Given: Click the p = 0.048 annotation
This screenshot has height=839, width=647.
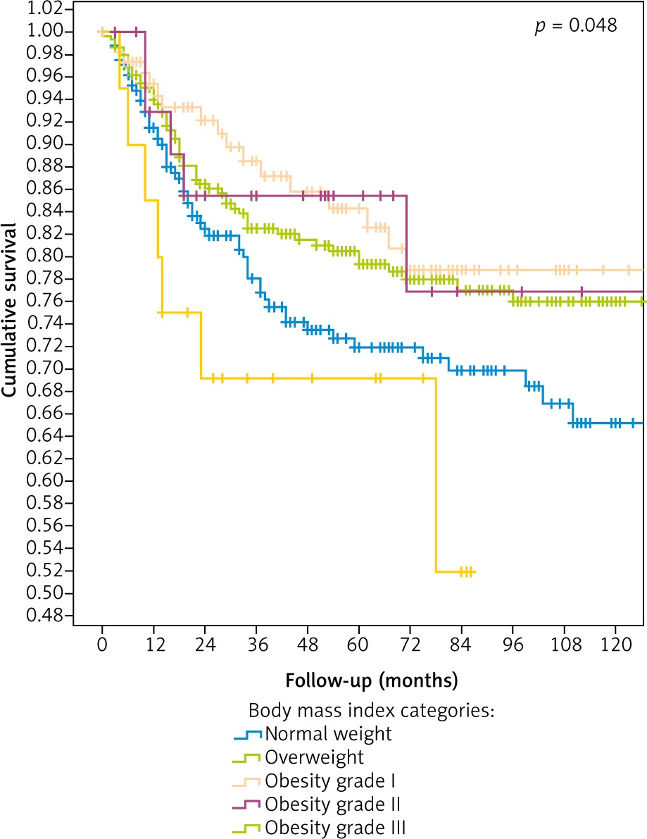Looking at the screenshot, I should pyautogui.click(x=574, y=26).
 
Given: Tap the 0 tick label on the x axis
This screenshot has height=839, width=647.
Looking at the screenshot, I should pyautogui.click(x=102, y=646).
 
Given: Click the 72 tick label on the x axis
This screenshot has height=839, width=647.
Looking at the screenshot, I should pyautogui.click(x=410, y=646).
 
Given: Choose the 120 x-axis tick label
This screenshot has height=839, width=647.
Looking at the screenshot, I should pyautogui.click(x=615, y=646).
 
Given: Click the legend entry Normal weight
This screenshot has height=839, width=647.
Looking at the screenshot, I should pyautogui.click(x=328, y=734).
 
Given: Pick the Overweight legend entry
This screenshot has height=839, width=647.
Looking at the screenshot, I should pyautogui.click(x=315, y=757).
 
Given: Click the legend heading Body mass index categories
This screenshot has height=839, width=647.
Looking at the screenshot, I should pyautogui.click(x=371, y=711).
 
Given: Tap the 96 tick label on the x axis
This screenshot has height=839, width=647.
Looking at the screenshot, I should pyautogui.click(x=513, y=646).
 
